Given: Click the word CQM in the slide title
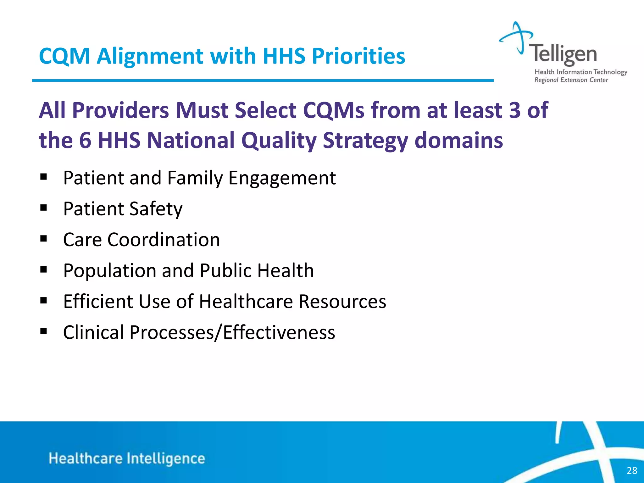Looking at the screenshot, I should pos(64,57).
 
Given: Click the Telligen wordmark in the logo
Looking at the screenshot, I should pos(563,54).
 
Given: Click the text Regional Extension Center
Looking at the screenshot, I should pos(571,80).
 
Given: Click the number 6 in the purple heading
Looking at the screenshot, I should pos(85,140).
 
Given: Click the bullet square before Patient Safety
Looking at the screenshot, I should pos(43,208).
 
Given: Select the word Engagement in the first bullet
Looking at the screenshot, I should pos(282,178).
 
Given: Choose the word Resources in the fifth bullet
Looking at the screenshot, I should pos(342,302).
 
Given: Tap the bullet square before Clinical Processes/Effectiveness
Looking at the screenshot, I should pos(43,331).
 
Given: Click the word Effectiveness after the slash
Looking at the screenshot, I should pos(279,332).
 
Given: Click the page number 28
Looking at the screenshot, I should pos(632,470).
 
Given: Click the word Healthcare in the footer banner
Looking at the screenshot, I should pos(86,458).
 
